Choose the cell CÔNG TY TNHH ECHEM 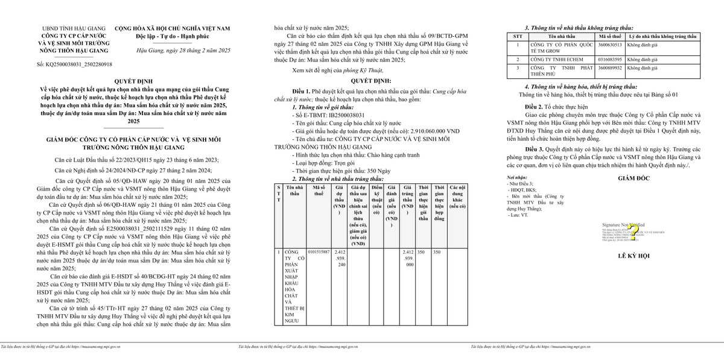click(x=554, y=60)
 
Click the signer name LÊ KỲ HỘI click(x=633, y=256)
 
